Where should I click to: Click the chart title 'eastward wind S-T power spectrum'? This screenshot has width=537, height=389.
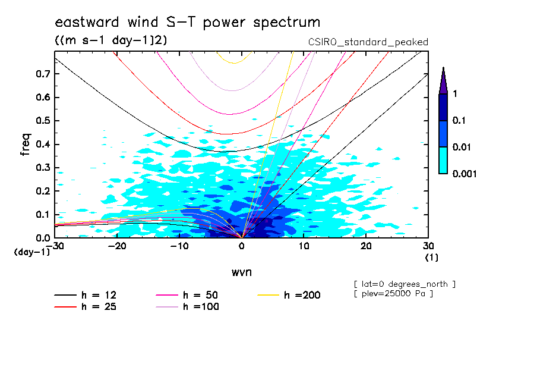click(x=188, y=23)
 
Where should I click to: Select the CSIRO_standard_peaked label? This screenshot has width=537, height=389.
click(x=368, y=42)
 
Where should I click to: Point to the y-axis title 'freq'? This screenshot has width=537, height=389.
click(x=26, y=145)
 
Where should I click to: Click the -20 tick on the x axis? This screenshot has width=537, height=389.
click(x=117, y=246)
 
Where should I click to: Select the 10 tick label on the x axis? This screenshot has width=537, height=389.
click(x=304, y=246)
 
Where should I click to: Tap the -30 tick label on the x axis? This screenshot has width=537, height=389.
click(x=55, y=246)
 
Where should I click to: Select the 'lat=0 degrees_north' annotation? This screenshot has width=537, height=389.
click(x=405, y=284)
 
